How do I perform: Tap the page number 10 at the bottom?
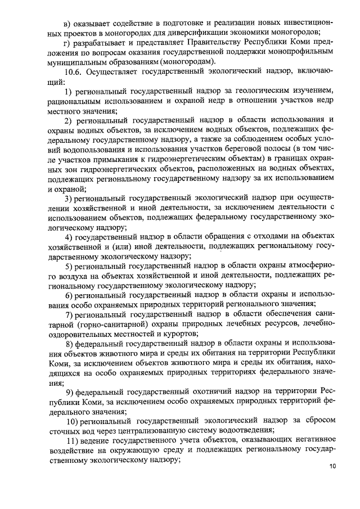tap(332, 482)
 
